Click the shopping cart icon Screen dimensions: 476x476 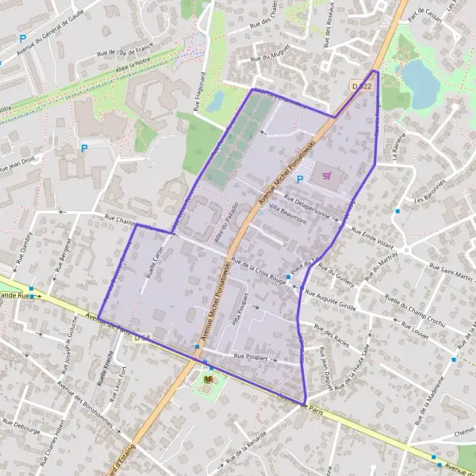tap(327, 175)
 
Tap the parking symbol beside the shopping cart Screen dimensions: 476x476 tap(299, 180)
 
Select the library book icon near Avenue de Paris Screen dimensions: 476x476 tap(209, 382)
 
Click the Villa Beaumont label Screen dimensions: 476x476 tap(287, 213)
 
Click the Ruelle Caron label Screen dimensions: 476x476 tap(156, 256)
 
